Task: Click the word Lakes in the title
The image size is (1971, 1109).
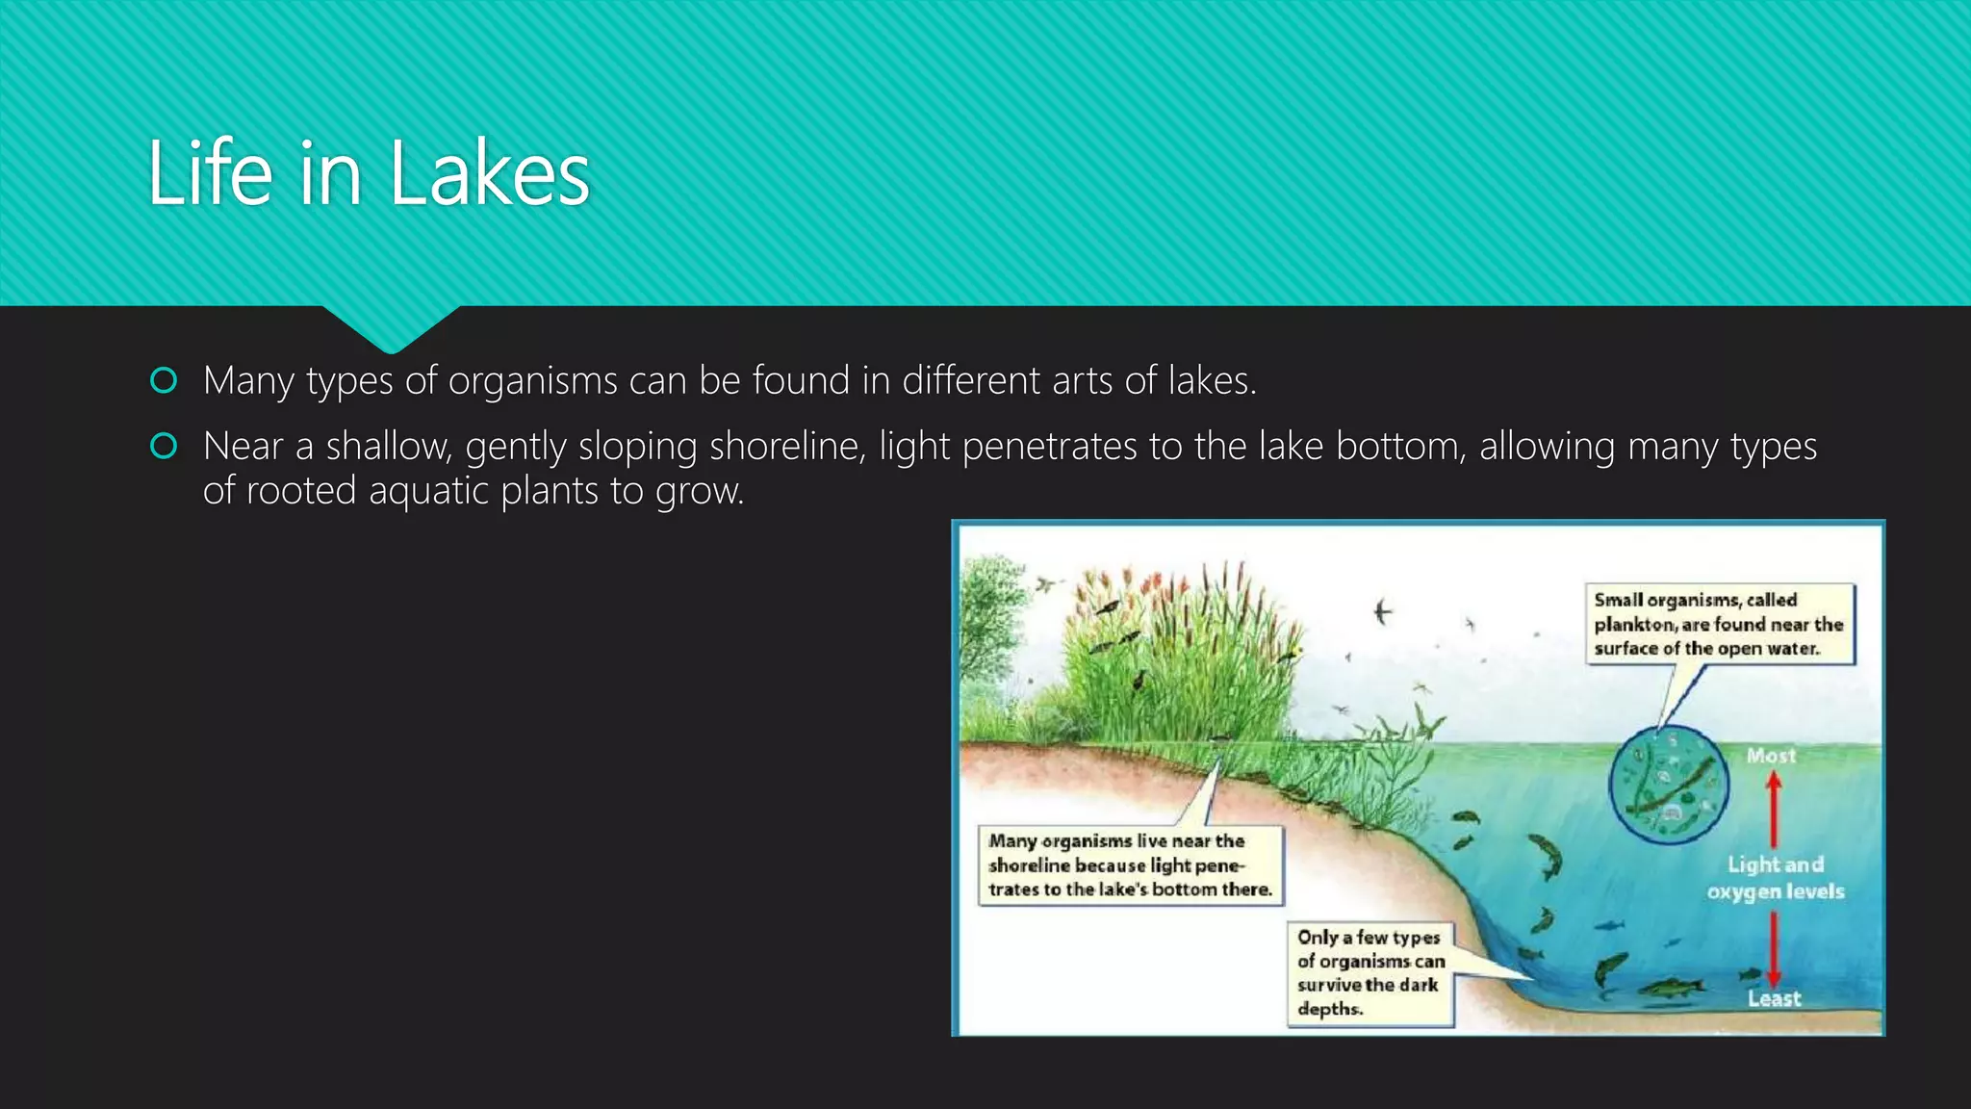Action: pyautogui.click(x=489, y=173)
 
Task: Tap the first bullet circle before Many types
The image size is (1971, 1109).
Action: pyautogui.click(x=164, y=381)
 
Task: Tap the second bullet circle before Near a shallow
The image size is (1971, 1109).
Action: pyautogui.click(x=164, y=447)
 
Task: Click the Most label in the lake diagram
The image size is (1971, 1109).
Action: pyautogui.click(x=1771, y=756)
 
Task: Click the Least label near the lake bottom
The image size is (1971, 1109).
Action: pyautogui.click(x=1774, y=998)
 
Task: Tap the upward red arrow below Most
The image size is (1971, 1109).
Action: pyautogui.click(x=1774, y=809)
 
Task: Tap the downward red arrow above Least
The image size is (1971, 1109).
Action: pyautogui.click(x=1774, y=948)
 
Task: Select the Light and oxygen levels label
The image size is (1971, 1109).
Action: pyautogui.click(x=1776, y=878)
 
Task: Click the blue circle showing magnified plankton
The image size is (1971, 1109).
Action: pyautogui.click(x=1668, y=785)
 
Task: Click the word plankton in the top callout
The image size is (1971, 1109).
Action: pyautogui.click(x=1634, y=624)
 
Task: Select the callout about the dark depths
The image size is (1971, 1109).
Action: pyautogui.click(x=1369, y=972)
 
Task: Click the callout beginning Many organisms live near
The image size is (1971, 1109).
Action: pyautogui.click(x=1130, y=864)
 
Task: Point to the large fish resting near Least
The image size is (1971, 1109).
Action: pyautogui.click(x=1670, y=987)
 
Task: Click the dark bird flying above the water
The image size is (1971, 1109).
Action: pyautogui.click(x=1383, y=611)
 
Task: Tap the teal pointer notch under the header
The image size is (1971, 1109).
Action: pyautogui.click(x=391, y=327)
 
